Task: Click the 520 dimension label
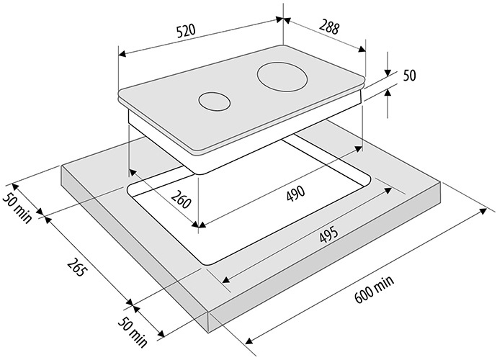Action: tap(187, 31)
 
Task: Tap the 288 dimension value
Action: tap(329, 27)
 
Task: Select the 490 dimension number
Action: tap(295, 193)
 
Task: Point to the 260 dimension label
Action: tap(181, 199)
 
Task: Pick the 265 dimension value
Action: tap(76, 267)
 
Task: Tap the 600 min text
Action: tap(375, 289)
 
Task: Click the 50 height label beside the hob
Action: tap(409, 76)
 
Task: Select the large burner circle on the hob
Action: tap(282, 77)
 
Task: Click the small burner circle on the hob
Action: tap(214, 102)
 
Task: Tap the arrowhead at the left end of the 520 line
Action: tap(122, 54)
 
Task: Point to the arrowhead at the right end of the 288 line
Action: tap(362, 49)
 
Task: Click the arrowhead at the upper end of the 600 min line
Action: tap(483, 211)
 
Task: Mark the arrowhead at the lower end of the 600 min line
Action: tap(249, 341)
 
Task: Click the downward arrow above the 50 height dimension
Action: tap(388, 72)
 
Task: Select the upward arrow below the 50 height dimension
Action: tap(388, 93)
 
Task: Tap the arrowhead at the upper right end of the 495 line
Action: tap(388, 191)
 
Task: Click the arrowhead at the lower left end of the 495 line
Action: tap(226, 279)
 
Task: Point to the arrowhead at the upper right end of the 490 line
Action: tap(359, 148)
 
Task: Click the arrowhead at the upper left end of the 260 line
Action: tap(133, 173)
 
